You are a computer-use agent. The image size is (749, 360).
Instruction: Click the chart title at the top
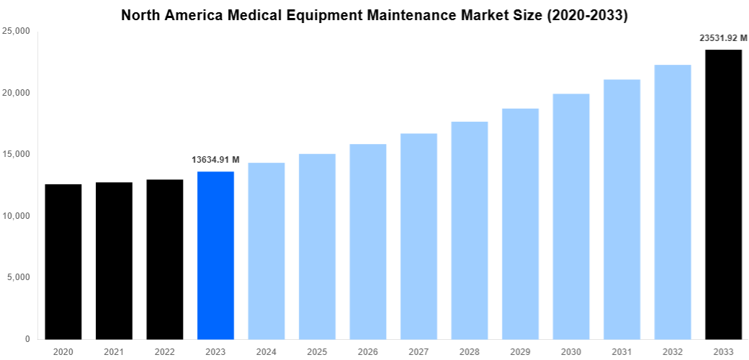click(374, 15)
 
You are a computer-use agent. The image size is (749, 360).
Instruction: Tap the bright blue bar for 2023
click(215, 255)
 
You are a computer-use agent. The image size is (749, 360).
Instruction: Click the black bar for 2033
click(723, 194)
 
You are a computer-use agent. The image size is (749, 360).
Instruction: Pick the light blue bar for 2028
click(470, 230)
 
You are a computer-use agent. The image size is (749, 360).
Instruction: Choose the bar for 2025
click(317, 246)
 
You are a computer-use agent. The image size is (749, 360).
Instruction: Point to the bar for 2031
click(622, 209)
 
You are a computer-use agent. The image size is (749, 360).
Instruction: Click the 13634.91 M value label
click(215, 160)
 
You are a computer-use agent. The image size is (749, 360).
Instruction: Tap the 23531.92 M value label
click(723, 38)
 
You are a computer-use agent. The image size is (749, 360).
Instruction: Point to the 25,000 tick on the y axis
click(16, 31)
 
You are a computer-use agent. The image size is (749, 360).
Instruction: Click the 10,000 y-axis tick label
click(16, 216)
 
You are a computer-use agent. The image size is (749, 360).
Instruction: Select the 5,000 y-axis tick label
click(19, 277)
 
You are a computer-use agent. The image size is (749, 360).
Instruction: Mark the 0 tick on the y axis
click(27, 339)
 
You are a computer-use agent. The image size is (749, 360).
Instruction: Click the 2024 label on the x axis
click(266, 351)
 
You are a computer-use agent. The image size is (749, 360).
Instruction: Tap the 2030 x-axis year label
click(571, 351)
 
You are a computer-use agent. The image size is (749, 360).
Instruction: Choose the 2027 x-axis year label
click(418, 351)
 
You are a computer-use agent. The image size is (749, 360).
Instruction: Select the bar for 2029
click(520, 224)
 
